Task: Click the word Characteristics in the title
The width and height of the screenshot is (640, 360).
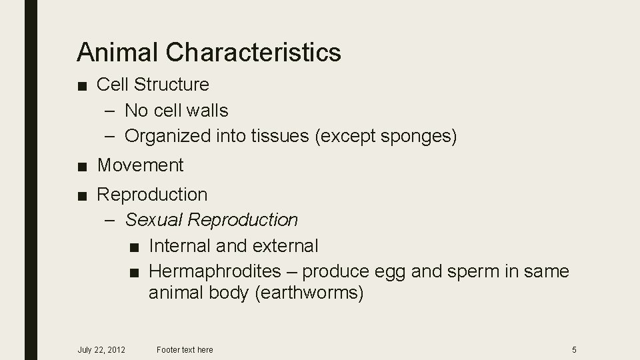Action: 254,52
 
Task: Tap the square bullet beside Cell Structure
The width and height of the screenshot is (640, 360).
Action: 81,85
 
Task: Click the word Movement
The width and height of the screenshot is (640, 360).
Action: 140,165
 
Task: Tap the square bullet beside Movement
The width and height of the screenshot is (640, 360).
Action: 81,165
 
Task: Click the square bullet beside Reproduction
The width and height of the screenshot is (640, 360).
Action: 81,195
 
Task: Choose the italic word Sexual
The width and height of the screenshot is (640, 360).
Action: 153,219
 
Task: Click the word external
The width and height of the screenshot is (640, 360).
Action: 285,246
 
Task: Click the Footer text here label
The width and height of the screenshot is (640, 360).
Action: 185,349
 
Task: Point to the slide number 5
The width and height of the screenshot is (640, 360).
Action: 574,349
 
